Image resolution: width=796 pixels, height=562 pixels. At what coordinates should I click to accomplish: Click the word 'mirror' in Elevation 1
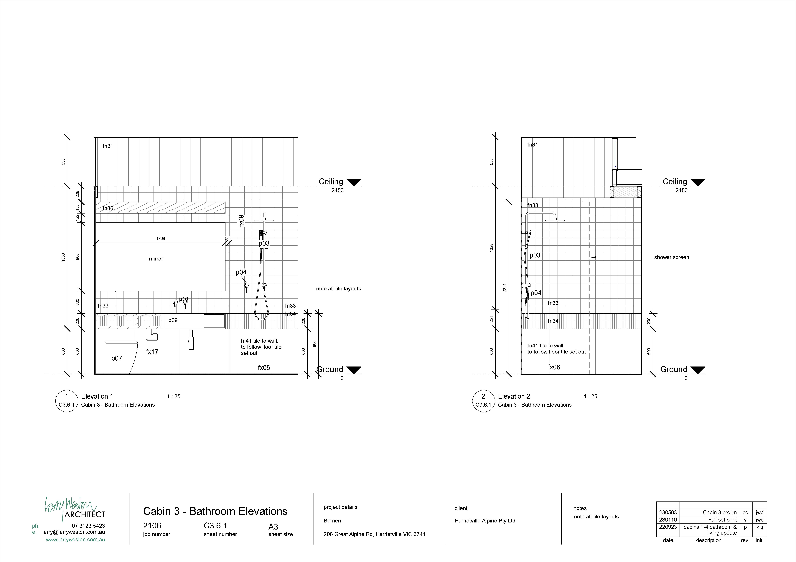coord(156,259)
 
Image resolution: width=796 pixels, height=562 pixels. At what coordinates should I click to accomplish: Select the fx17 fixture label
coord(152,352)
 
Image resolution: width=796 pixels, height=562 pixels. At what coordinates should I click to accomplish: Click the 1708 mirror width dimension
coord(161,239)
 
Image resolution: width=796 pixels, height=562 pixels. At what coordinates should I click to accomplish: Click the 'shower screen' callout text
coord(672,257)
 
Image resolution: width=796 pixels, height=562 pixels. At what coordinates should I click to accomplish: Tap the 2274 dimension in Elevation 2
coord(505,288)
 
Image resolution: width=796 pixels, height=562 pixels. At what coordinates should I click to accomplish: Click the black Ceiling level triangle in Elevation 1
coord(354,182)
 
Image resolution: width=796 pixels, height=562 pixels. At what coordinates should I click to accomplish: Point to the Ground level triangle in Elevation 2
coord(698,370)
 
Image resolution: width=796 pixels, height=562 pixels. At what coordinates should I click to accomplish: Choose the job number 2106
coord(152,526)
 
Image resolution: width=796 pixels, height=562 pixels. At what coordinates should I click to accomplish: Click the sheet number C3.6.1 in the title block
coord(216,526)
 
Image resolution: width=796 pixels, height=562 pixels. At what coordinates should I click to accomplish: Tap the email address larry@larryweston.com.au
coord(74,532)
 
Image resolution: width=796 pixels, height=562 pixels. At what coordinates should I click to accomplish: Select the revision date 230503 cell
coord(668,512)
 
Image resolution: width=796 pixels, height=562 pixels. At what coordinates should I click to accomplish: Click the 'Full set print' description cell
coord(723,520)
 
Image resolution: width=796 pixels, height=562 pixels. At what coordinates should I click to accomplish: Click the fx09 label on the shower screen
coord(241,221)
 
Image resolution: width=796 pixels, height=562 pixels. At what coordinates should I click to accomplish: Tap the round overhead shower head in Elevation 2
coord(555,220)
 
